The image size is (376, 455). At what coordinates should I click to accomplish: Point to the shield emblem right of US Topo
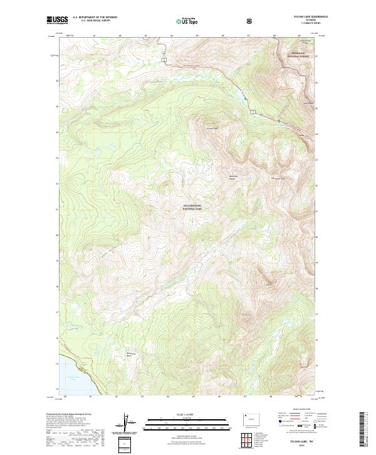214,21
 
